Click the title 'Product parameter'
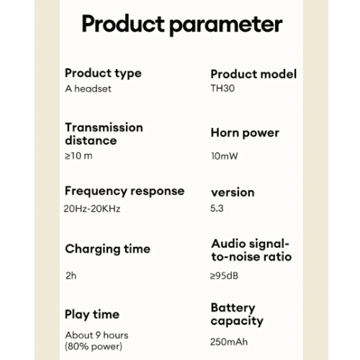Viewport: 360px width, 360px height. coord(182,24)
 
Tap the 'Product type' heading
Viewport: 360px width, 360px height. coord(103,73)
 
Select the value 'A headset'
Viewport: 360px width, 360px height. coord(88,89)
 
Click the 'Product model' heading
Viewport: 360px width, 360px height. coord(253,74)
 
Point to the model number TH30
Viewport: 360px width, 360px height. coord(222,89)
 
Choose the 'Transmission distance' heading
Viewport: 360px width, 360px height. coord(104,134)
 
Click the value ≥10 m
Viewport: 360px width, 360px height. coord(78,156)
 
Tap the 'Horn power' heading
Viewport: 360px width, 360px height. coord(245,133)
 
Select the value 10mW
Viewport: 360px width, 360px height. coord(225,156)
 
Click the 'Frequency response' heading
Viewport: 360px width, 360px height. coord(125,192)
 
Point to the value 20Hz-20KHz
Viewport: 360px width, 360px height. coord(92,209)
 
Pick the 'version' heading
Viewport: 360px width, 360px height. coord(233,192)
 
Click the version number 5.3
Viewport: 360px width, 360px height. coord(217,208)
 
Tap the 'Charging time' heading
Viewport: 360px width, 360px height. coord(108,249)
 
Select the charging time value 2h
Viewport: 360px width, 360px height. coord(71,276)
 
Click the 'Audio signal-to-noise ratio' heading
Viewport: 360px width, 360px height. coord(251,250)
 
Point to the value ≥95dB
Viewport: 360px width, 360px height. coord(224,276)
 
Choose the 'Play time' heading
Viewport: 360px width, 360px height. coord(92,315)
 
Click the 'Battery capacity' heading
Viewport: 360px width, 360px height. coord(237,315)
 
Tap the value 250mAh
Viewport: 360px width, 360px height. coord(229,342)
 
